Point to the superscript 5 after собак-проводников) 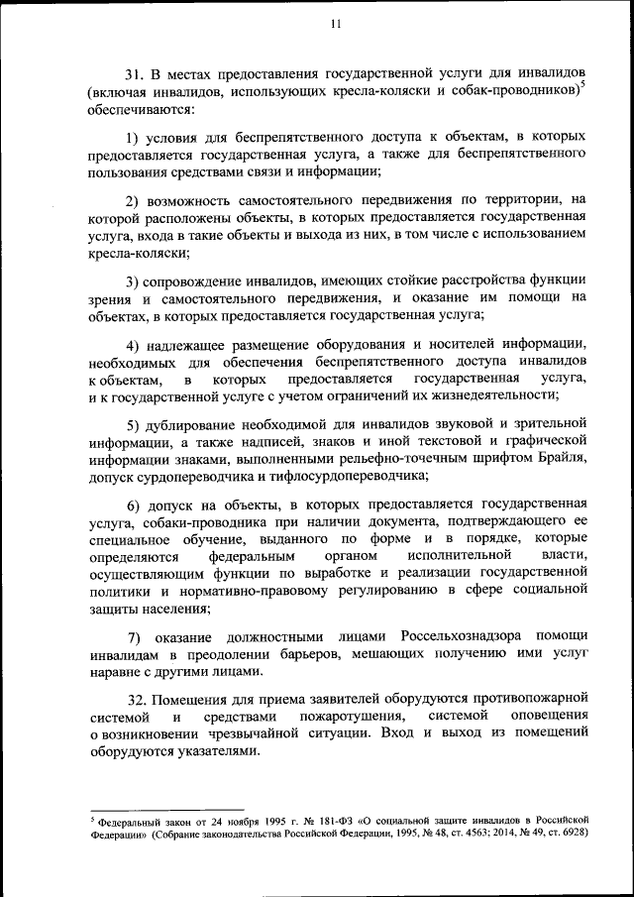tap(582, 86)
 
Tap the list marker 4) tap(134, 345)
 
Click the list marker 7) tap(135, 634)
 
